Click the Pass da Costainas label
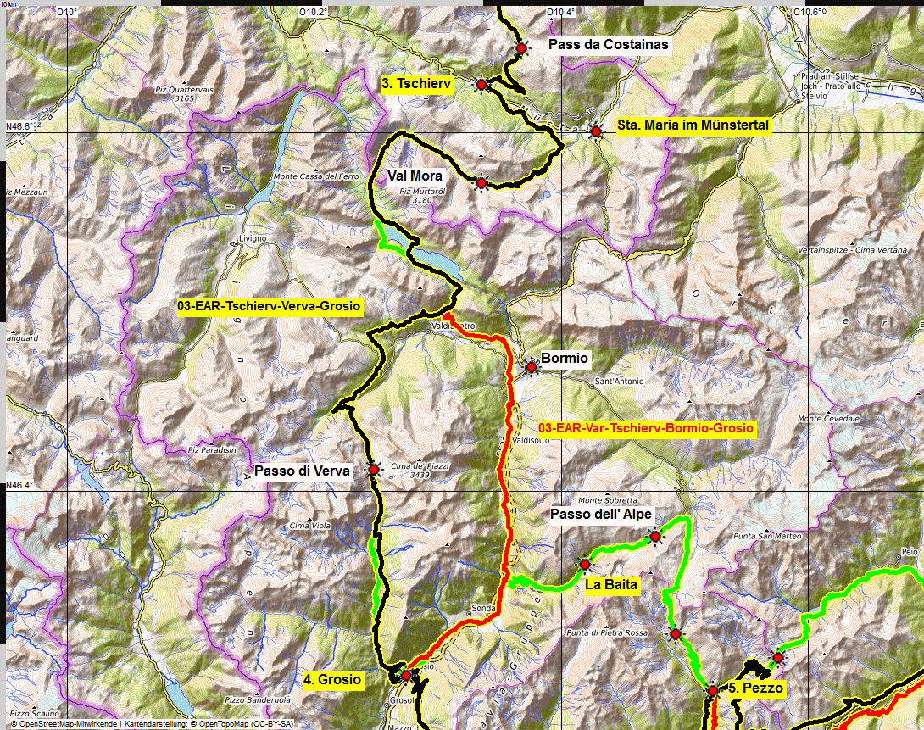(x=608, y=44)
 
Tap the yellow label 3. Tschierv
(x=416, y=83)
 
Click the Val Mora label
(x=415, y=176)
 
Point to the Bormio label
(x=565, y=359)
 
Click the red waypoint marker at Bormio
(x=532, y=367)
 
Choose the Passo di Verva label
(x=303, y=471)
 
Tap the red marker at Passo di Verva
(x=373, y=469)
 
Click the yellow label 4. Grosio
(x=332, y=679)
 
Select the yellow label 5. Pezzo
(x=756, y=688)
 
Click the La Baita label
(x=611, y=584)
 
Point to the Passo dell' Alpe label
(x=600, y=515)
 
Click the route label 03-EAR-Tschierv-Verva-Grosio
(x=269, y=305)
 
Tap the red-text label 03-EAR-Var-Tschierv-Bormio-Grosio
(x=646, y=429)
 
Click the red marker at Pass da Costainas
(x=521, y=49)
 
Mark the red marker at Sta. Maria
(x=596, y=131)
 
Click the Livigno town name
(x=253, y=239)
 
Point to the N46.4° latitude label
(x=19, y=485)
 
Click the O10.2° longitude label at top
(x=314, y=12)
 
